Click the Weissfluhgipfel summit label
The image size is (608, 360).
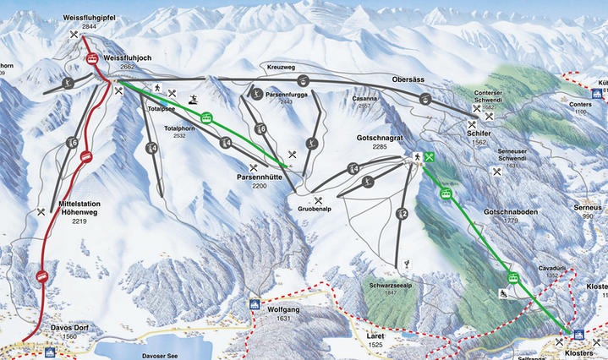coord(89,18)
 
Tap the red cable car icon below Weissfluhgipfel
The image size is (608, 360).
coord(92,58)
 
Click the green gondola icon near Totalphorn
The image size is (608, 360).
coord(205,117)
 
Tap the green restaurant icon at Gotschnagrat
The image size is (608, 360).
coord(430,156)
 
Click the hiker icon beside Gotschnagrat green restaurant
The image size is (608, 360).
coord(417,157)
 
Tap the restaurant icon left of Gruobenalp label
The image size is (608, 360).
coord(318,200)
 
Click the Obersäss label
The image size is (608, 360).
coord(408,79)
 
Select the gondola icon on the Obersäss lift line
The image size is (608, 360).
coord(425,99)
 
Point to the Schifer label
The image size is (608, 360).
coord(477,134)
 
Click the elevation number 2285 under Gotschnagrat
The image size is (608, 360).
coord(379,147)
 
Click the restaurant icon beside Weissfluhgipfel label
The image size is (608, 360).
coord(75,34)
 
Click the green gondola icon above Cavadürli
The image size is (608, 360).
coord(512,276)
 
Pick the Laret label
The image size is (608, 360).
coord(376,335)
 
